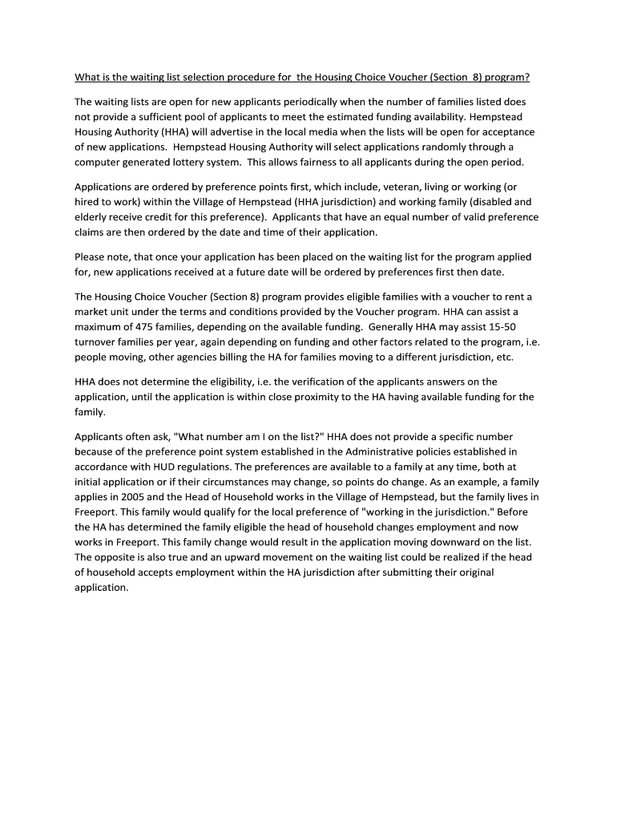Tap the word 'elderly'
click(x=90, y=217)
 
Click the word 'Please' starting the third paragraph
click(x=89, y=257)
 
